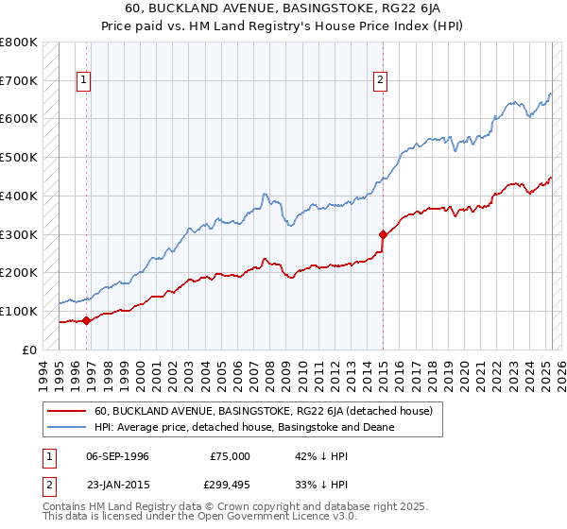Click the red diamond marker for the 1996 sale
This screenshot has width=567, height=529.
[86, 320]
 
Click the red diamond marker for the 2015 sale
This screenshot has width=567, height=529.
[383, 234]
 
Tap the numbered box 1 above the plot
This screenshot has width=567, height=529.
[84, 81]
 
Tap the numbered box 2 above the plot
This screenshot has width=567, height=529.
[380, 81]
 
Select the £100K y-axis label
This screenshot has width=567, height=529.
[18, 311]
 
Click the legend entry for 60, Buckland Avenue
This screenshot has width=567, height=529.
[263, 411]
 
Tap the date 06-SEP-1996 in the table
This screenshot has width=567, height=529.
[117, 456]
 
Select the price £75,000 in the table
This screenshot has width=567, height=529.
[231, 456]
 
